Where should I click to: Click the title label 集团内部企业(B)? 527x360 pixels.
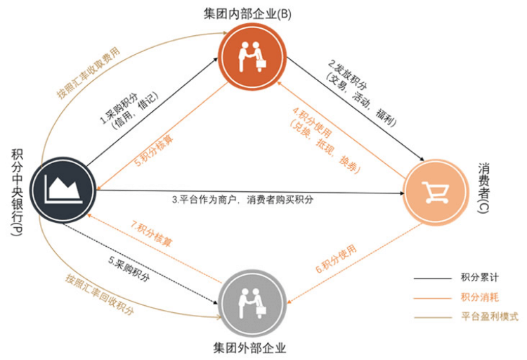point(253,14)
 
